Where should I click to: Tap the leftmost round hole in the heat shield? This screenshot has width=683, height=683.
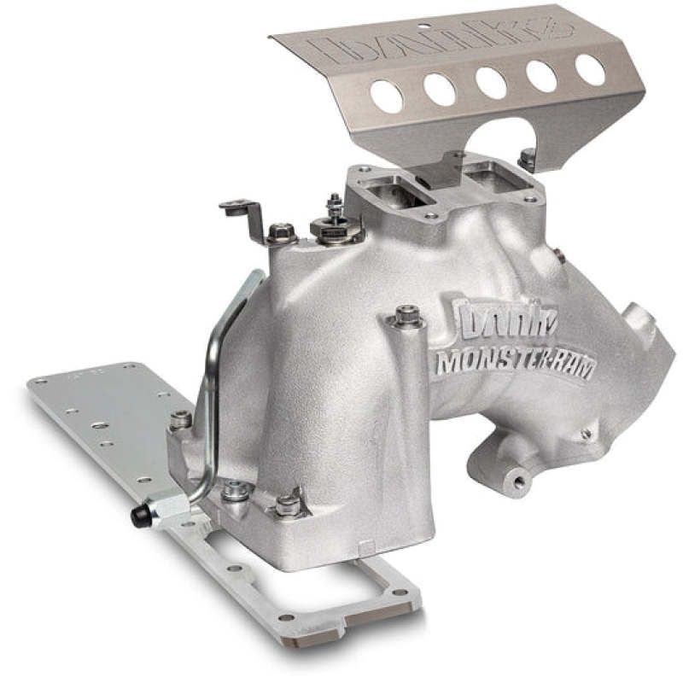(387, 97)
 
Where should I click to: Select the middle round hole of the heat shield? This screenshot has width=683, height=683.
(490, 82)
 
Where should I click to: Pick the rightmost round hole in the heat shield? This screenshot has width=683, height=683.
(590, 69)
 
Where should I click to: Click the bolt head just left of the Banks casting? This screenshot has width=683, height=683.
(406, 317)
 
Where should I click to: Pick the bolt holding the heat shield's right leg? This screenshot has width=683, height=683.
(528, 158)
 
